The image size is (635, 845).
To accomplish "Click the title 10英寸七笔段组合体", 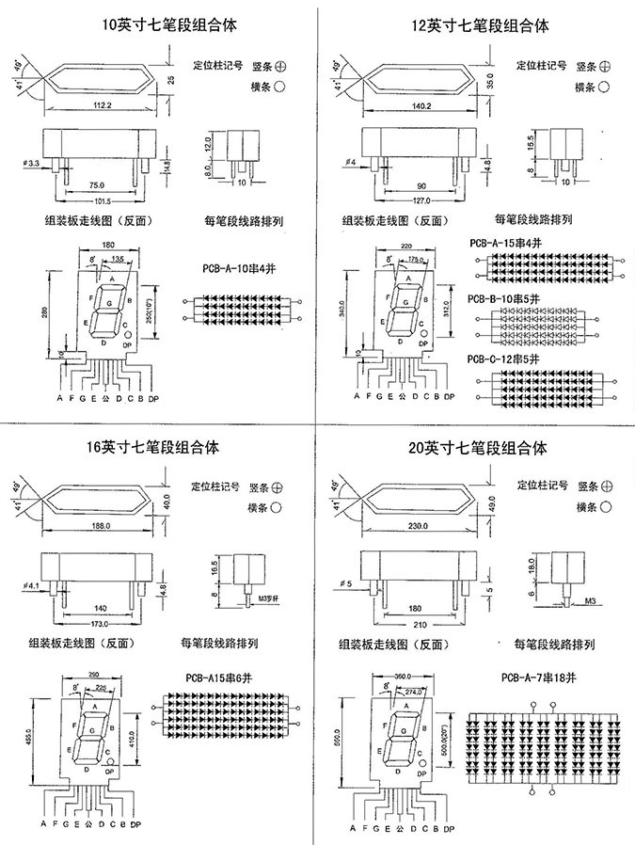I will pos(162,25).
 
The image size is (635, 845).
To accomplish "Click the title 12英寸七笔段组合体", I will pos(480,25).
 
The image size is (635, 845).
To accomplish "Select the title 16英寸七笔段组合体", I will pos(162,448).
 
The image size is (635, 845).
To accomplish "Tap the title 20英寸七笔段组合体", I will pos(480,448).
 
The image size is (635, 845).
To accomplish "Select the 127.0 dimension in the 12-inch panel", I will pos(420,200).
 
